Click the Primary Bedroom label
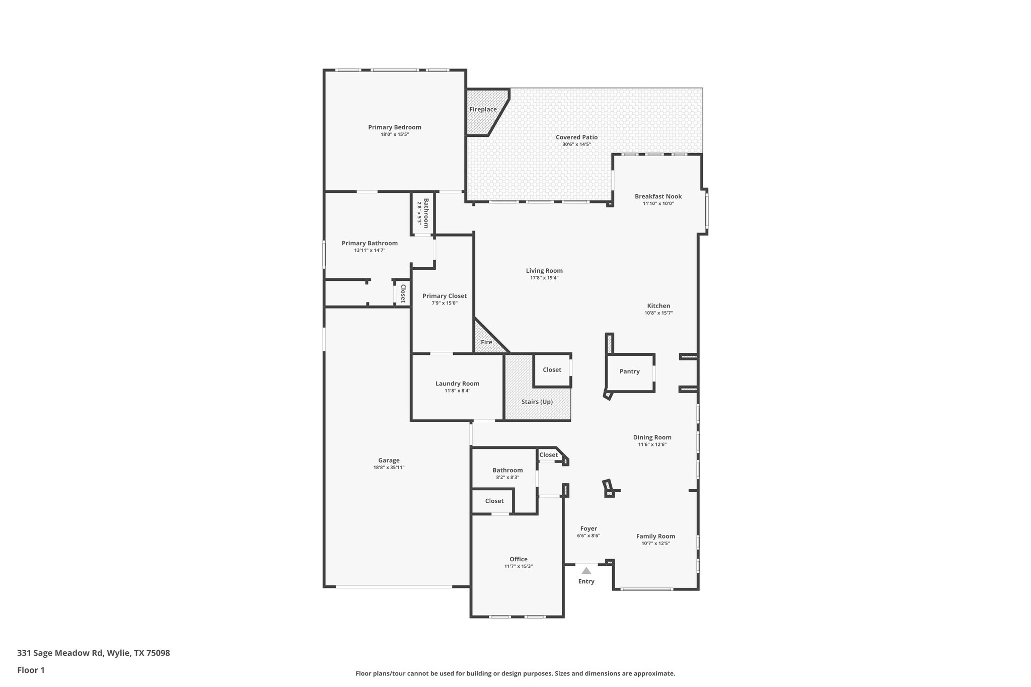394,127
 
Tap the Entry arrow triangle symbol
586,571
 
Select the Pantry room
629,371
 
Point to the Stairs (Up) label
537,402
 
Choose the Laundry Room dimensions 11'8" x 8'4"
457,391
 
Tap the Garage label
389,460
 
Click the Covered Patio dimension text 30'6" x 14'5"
576,144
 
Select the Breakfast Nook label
658,196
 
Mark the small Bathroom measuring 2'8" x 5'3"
422,213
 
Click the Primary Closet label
444,296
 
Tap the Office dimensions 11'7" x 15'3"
518,566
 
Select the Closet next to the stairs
552,370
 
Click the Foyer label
588,528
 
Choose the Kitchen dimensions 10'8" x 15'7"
658,313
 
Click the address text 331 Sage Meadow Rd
94,653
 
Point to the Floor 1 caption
31,670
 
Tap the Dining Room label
652,437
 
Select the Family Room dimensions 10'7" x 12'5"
655,544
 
